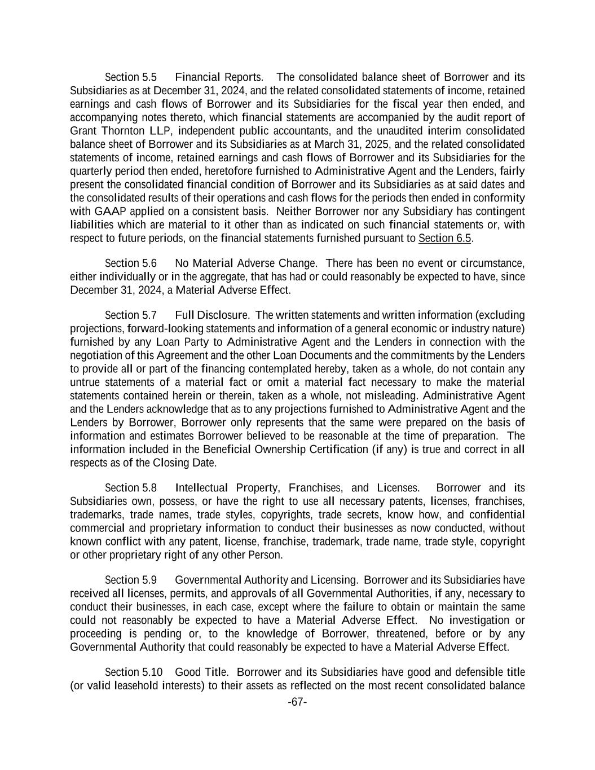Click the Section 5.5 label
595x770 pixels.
(131, 77)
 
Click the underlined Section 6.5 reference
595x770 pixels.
(444, 239)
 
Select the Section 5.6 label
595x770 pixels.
(131, 263)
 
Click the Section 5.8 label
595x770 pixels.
(131, 488)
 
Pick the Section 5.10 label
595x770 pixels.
(134, 672)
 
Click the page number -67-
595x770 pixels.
(297, 702)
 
